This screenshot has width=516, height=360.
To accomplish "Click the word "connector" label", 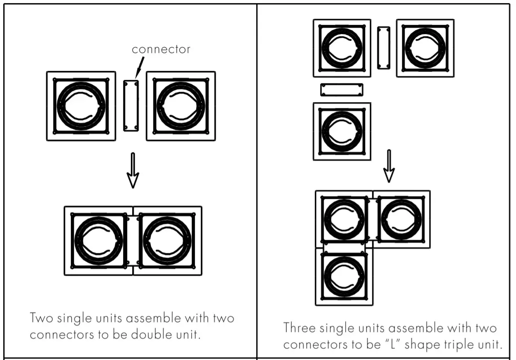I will [161, 49].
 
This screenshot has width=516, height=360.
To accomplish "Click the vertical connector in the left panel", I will [131, 106].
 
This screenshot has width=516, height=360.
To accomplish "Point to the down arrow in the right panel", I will [388, 166].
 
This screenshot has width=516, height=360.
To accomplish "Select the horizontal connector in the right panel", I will [342, 89].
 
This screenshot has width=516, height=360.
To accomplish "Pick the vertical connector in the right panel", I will [384, 48].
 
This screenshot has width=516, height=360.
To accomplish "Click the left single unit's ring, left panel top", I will [81, 106].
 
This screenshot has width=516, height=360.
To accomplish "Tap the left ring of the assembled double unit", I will [99, 241].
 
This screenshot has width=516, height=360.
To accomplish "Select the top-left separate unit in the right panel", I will [342, 48].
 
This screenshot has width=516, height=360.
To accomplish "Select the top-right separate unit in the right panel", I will [425, 48].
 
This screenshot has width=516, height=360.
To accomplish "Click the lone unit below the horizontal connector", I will [342, 131].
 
